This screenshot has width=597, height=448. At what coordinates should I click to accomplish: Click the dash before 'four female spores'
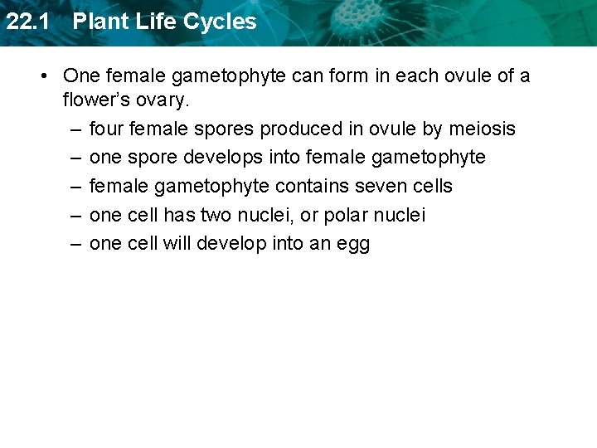coord(75,129)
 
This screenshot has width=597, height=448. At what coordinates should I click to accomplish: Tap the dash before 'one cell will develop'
coord(75,244)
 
